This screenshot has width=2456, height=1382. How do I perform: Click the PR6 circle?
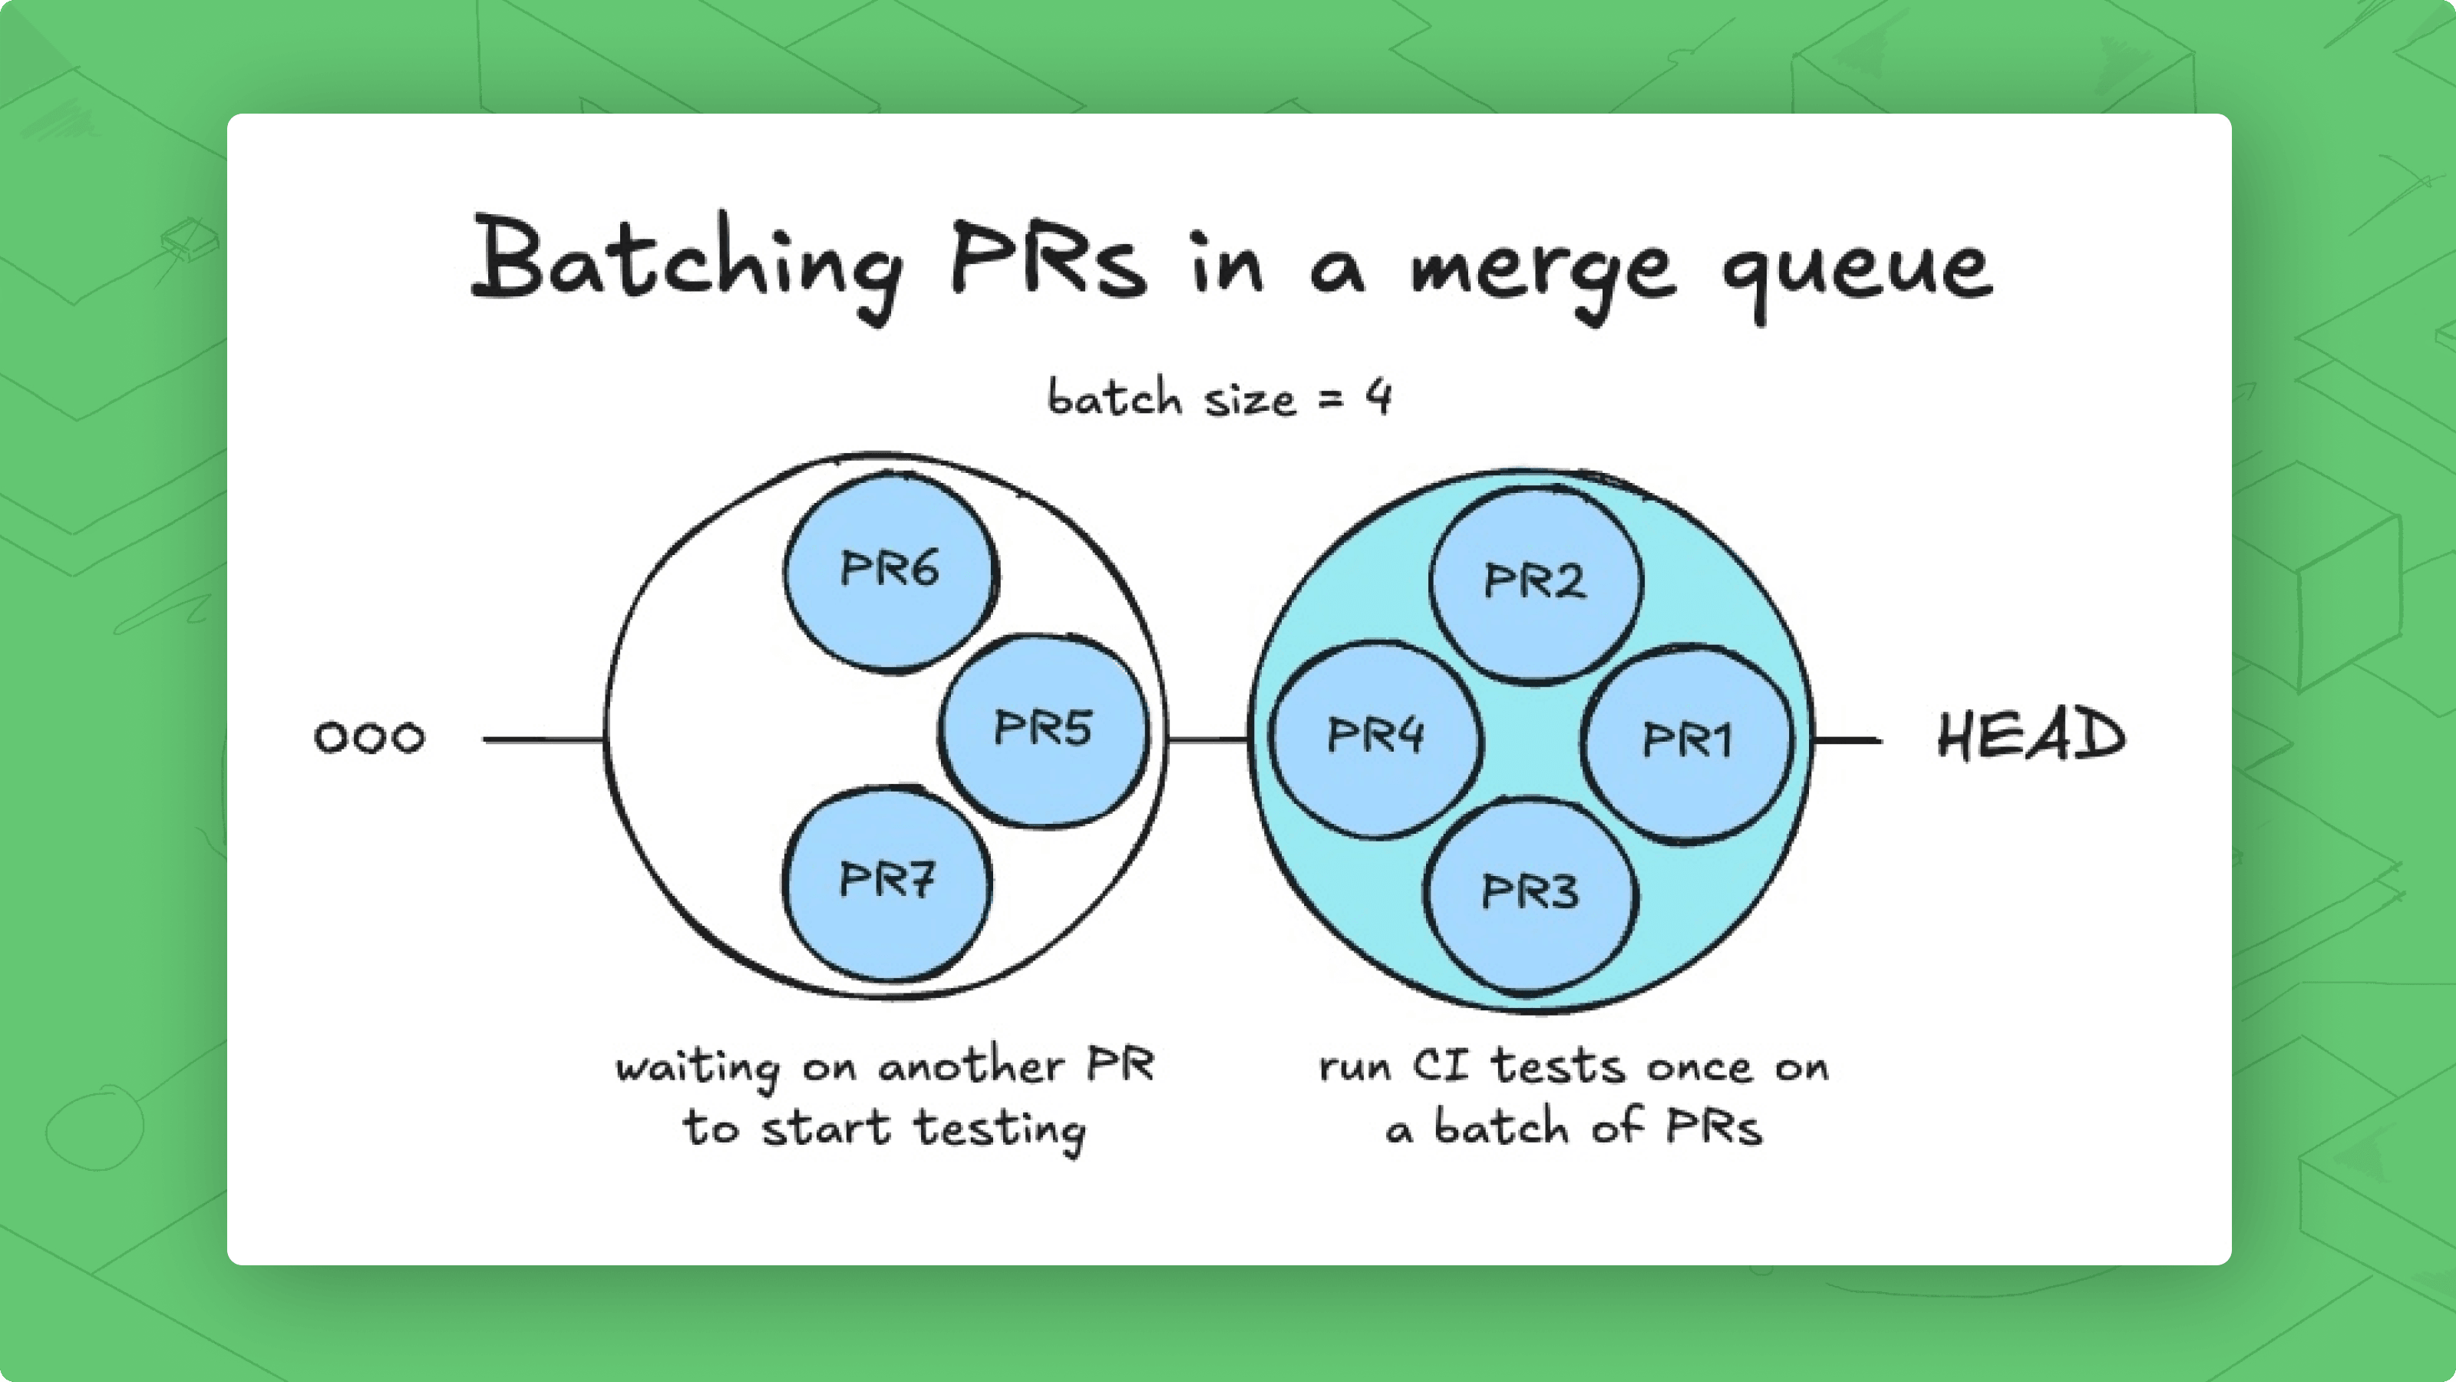tap(891, 572)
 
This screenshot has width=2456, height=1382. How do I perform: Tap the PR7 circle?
tap(886, 883)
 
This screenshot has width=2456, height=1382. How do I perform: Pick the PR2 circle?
tap(1535, 584)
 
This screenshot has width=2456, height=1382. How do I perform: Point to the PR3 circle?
tap(1530, 894)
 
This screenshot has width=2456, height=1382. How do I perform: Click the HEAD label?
tap(2031, 736)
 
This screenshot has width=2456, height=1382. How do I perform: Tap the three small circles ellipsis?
tap(369, 737)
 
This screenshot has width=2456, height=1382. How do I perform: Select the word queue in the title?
tap(1857, 271)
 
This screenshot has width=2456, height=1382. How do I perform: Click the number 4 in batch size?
tap(1378, 396)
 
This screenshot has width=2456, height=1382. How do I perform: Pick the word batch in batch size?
tap(1114, 396)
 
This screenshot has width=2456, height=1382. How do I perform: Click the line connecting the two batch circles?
tap(1208, 739)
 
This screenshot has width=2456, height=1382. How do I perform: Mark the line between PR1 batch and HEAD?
tap(1847, 740)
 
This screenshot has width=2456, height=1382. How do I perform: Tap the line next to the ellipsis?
tap(543, 739)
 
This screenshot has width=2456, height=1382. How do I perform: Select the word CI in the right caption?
tap(1441, 1066)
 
